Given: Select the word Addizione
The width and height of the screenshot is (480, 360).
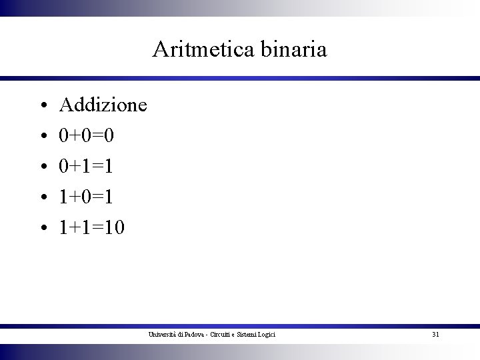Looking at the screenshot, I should tap(103, 105).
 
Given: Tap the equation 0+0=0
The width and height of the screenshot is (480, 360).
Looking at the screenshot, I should tap(87, 136).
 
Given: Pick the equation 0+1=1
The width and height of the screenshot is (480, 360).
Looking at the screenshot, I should tap(86, 167).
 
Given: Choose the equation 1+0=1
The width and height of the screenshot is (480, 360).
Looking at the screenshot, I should tap(86, 197).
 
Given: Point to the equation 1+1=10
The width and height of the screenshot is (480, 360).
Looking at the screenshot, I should tap(91, 228).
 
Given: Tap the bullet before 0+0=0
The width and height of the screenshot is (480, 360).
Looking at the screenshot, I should tap(42, 137).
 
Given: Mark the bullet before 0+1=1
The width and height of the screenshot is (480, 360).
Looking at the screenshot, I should tap(42, 168).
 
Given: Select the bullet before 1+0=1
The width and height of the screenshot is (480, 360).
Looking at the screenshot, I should tap(42, 199).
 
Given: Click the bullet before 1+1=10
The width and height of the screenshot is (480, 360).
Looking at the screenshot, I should tap(42, 229).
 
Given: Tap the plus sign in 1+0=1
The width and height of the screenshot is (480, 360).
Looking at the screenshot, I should tap(73, 198).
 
